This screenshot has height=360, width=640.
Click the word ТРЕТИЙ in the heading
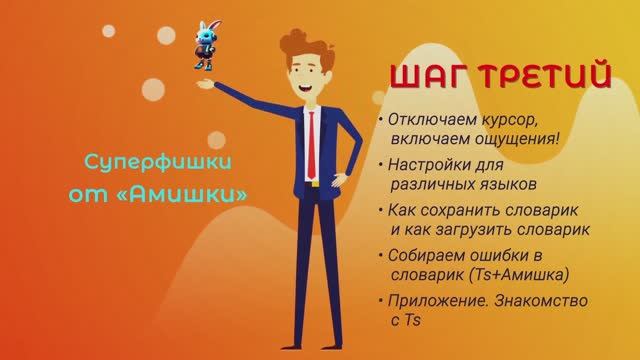(532, 77)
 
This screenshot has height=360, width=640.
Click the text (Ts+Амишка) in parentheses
(518, 274)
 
